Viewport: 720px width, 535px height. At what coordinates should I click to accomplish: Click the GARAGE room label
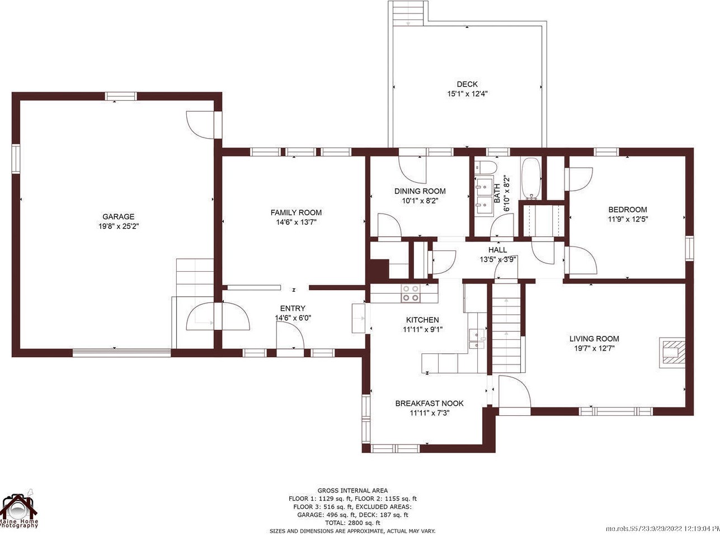(x=118, y=216)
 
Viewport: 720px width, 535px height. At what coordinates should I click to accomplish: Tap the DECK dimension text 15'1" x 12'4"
(x=467, y=94)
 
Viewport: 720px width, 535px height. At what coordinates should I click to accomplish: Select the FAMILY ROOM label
(x=296, y=212)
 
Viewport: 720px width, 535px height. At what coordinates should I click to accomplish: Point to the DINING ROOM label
(x=420, y=191)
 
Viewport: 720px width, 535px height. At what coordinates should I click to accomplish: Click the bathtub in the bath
(x=531, y=178)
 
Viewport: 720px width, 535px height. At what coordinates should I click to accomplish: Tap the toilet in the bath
(x=486, y=168)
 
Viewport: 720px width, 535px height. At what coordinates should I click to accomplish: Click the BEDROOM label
(x=628, y=210)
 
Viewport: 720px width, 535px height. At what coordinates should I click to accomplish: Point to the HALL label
(x=498, y=250)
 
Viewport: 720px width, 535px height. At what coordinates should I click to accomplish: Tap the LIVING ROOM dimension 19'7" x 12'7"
(x=594, y=348)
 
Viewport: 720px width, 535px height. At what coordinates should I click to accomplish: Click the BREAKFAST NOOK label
(x=429, y=403)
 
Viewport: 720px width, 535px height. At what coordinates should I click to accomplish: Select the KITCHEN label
(x=422, y=320)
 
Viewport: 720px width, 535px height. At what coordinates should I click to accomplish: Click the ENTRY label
(x=293, y=308)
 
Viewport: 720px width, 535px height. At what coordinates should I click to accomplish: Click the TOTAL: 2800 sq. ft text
(x=352, y=523)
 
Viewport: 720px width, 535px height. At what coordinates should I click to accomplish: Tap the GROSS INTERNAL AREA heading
(x=352, y=490)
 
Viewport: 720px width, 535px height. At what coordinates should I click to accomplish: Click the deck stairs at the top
(x=408, y=13)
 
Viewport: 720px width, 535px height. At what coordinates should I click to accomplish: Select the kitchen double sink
(x=477, y=339)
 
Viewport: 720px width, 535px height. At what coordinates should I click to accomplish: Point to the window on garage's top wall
(x=121, y=96)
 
